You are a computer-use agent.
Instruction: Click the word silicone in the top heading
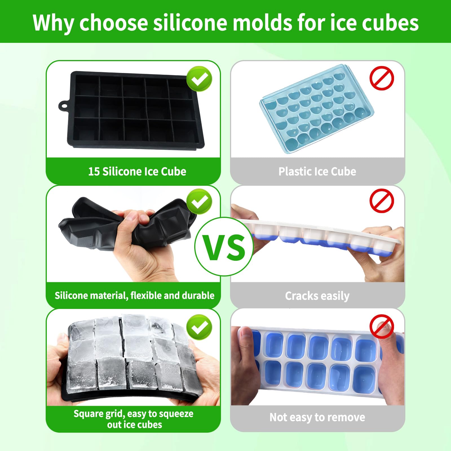coord(190,23)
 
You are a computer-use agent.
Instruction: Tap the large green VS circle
coord(224,247)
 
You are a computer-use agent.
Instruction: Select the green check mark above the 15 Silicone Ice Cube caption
coord(199,79)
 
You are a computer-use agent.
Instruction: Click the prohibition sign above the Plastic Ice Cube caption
coord(382,78)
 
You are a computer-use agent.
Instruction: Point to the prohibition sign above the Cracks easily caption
coord(382,201)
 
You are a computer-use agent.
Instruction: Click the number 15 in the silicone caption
coord(94,172)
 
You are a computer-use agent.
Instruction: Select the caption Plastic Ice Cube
coord(317,172)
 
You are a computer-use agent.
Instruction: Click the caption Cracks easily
coord(317,296)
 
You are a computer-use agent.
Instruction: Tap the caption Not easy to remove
coord(317,417)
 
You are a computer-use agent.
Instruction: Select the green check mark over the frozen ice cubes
coord(199,327)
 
